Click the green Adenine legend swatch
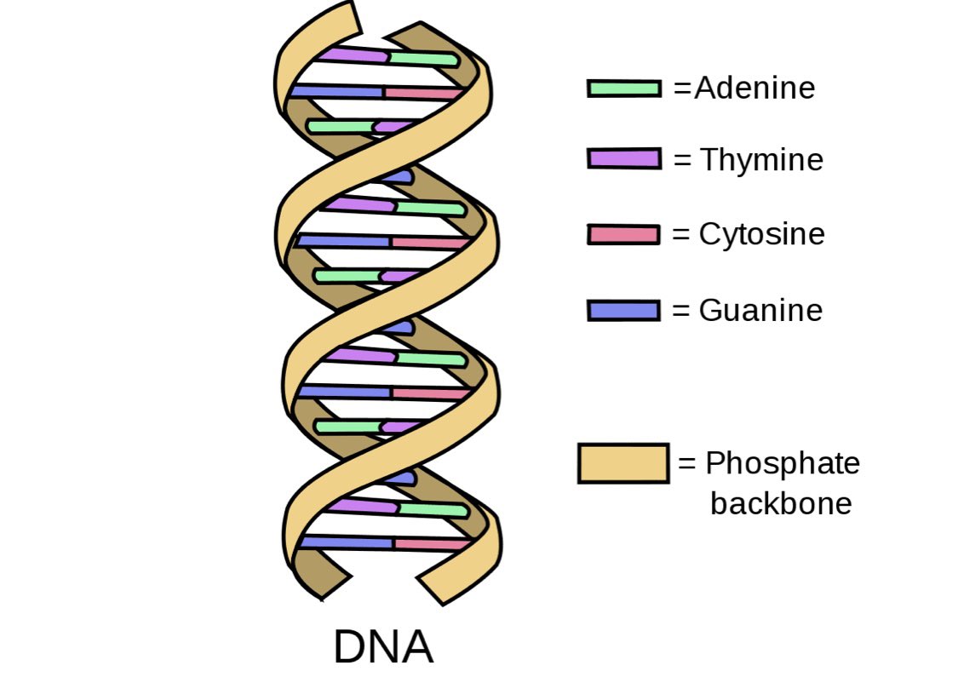(623, 89)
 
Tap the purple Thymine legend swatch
(623, 159)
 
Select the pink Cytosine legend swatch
(623, 234)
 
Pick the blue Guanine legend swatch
(623, 310)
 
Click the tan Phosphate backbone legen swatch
(622, 463)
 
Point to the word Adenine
(754, 89)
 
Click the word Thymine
(761, 160)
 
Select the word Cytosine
(761, 234)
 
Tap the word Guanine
(760, 310)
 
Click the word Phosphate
(783, 464)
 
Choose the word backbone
(781, 503)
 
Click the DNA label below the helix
(383, 648)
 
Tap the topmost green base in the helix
(424, 59)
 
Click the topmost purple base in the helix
(353, 54)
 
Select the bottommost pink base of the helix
(431, 544)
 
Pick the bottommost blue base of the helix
(345, 542)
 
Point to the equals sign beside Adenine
(682, 89)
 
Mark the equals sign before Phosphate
(687, 465)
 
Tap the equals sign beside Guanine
(680, 310)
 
